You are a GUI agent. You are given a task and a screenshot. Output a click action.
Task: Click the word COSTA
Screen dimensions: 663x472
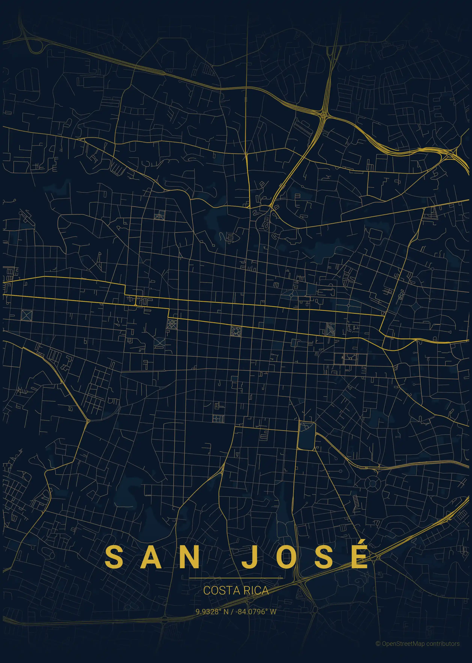click(221, 591)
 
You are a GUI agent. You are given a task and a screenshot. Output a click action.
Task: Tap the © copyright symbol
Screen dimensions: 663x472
click(378, 644)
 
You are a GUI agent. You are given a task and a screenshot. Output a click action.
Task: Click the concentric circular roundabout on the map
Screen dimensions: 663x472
click(373, 484)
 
